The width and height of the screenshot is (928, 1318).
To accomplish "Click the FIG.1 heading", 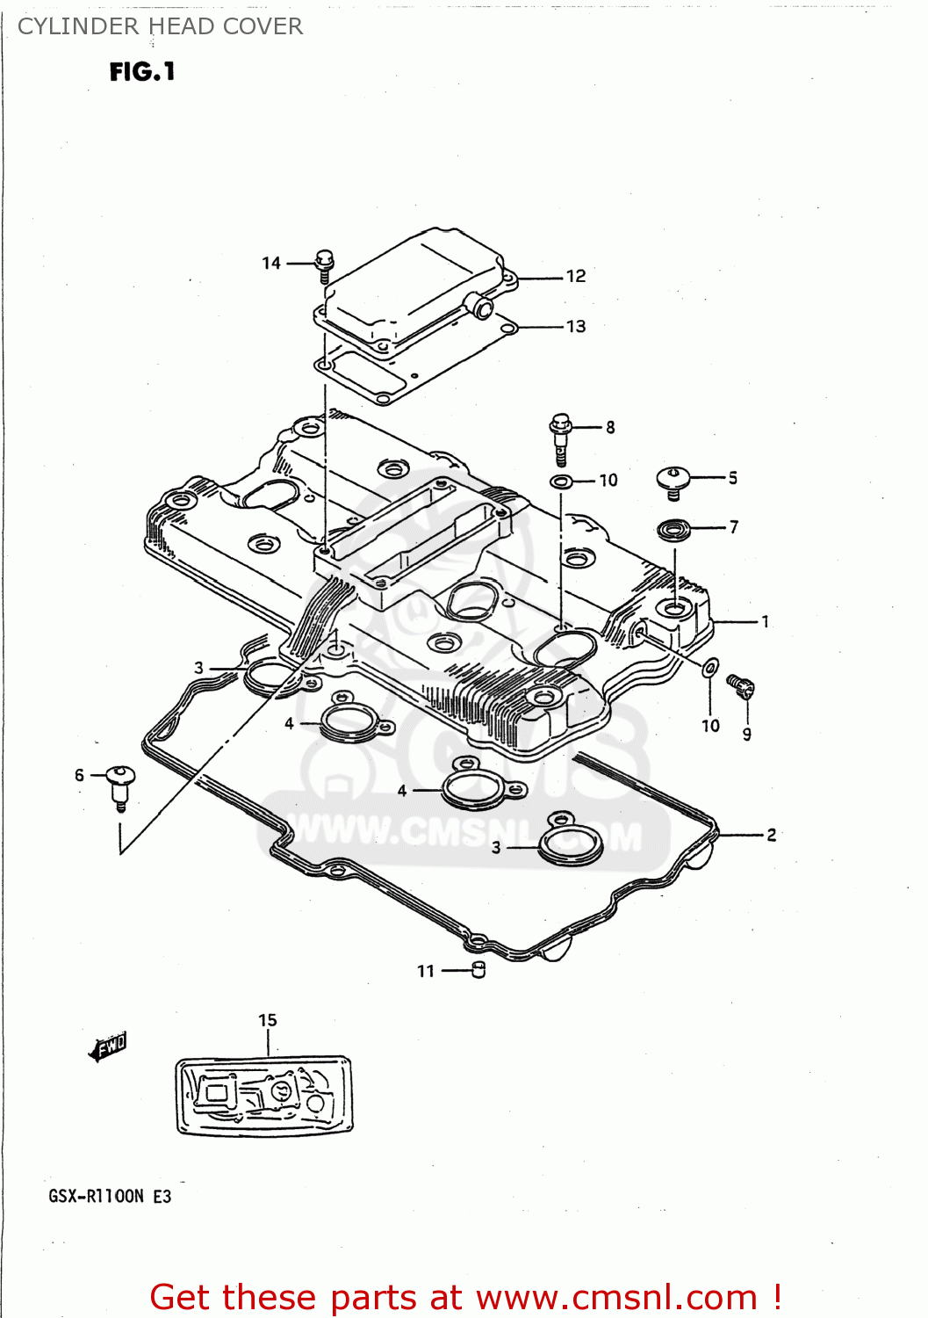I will pyautogui.click(x=142, y=72).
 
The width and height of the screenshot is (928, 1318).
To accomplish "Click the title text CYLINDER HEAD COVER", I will pyautogui.click(x=160, y=27).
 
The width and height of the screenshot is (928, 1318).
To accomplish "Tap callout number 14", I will pyautogui.click(x=271, y=263).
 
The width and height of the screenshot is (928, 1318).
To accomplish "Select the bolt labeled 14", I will pyautogui.click(x=325, y=263).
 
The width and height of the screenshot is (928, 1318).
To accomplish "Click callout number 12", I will pyautogui.click(x=576, y=276).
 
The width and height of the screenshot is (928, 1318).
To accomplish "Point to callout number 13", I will pyautogui.click(x=576, y=327).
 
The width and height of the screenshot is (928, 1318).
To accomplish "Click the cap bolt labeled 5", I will pyautogui.click(x=673, y=480).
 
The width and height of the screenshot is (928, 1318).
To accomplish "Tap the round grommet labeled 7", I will pyautogui.click(x=674, y=529).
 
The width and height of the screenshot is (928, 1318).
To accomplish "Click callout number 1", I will pyautogui.click(x=766, y=622).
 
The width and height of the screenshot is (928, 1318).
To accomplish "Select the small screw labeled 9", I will pyautogui.click(x=740, y=685).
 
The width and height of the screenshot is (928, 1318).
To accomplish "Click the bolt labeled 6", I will pyautogui.click(x=119, y=784).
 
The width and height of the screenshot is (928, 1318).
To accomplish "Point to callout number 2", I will pyautogui.click(x=771, y=835).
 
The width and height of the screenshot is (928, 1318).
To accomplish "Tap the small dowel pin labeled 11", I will pyautogui.click(x=478, y=970).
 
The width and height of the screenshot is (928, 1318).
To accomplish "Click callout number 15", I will pyautogui.click(x=268, y=1020).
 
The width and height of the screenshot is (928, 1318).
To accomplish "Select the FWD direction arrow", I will pyautogui.click(x=108, y=1046).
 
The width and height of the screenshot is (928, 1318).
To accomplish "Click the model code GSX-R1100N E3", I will pyautogui.click(x=110, y=1196).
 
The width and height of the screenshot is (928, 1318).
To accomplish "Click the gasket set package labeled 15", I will pyautogui.click(x=263, y=1096).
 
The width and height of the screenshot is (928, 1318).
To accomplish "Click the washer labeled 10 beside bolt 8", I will pyautogui.click(x=561, y=481).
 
